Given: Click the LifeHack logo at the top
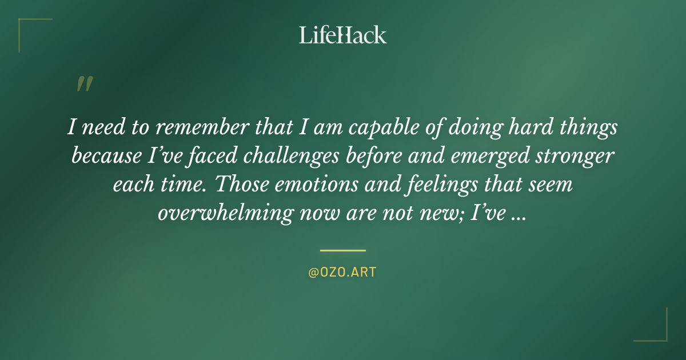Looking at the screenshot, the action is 343,35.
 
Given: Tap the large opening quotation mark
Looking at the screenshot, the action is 84,84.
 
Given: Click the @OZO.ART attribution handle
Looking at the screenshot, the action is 342,273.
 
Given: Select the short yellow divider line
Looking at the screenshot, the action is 342,250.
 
